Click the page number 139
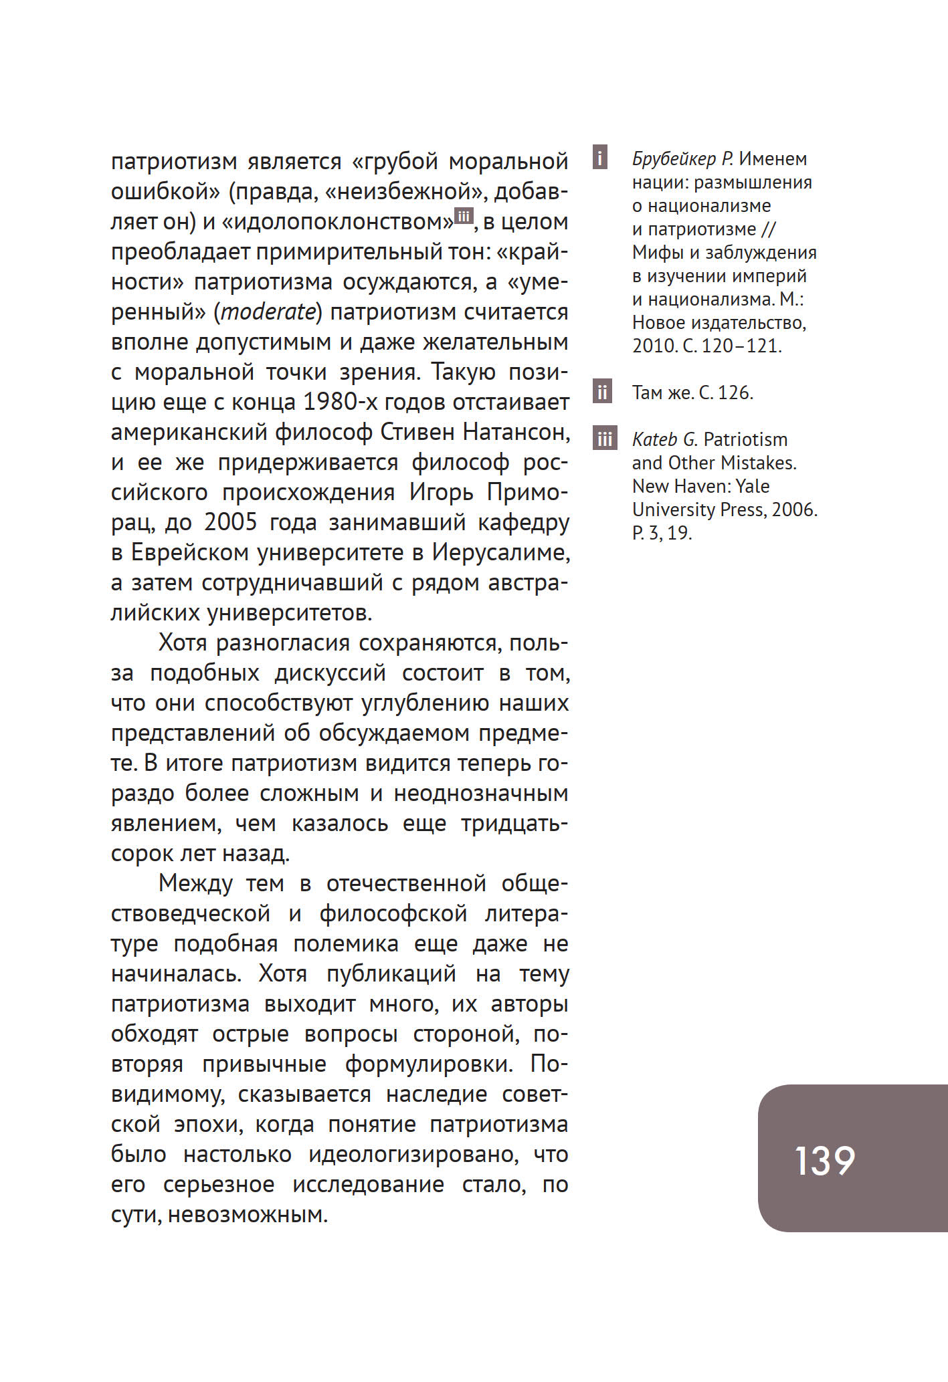(x=824, y=1161)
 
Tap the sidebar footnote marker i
(x=600, y=158)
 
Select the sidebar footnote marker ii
(x=602, y=392)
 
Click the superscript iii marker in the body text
(x=464, y=215)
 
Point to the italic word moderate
(x=268, y=312)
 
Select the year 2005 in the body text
(x=230, y=522)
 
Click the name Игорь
(x=442, y=492)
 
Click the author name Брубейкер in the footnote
(x=674, y=159)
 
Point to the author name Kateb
(x=655, y=439)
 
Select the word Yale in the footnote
(x=752, y=486)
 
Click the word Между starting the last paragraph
(x=195, y=883)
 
